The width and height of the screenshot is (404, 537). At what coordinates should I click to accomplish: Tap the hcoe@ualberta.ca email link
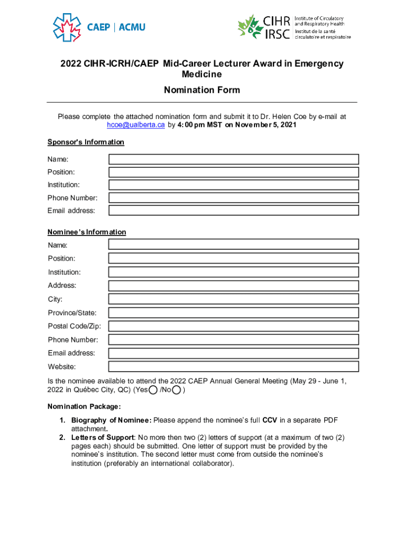[136, 125]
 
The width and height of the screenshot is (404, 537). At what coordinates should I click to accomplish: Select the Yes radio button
[152, 390]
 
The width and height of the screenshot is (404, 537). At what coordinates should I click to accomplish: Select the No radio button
[177, 390]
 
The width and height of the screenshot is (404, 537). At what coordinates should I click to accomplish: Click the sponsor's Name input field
[233, 159]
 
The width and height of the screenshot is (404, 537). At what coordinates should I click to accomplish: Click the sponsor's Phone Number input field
[233, 198]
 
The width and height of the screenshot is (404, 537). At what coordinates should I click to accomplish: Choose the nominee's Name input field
[233, 244]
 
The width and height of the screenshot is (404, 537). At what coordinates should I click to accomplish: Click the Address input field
[233, 286]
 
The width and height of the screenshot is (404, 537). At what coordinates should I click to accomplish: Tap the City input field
[233, 299]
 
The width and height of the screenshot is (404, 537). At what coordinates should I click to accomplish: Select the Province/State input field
[233, 313]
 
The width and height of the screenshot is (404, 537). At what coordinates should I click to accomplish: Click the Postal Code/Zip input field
[233, 326]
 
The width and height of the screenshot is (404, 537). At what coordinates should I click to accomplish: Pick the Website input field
[233, 367]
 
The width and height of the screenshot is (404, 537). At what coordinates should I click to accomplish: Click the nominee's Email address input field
[233, 353]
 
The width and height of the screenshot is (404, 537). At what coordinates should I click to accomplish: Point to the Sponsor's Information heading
[86, 142]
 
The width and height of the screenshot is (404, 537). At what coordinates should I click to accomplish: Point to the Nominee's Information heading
[87, 232]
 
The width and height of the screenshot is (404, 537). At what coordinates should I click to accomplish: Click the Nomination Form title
[202, 90]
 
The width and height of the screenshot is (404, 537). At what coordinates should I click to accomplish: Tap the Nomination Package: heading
[84, 406]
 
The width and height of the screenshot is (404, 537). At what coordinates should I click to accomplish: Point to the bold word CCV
[270, 421]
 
